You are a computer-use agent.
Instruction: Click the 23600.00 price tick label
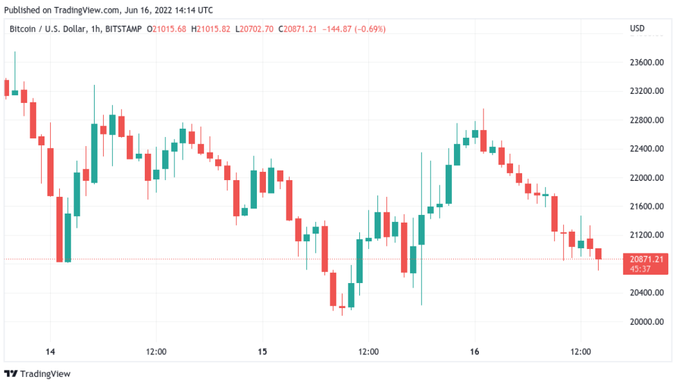coord(646,62)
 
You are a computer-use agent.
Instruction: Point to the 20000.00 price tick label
coord(646,322)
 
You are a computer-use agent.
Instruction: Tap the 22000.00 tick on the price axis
coord(646,178)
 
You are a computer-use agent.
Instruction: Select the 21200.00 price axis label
coord(646,235)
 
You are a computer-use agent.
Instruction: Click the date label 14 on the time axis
coord(50,351)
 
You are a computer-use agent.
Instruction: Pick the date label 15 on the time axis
coord(262,351)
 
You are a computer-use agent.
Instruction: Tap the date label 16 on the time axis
coord(474,351)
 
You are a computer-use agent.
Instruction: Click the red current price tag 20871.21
coord(646,259)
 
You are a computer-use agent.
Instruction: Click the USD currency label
coord(637,29)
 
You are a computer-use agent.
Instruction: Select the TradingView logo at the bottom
coord(38,374)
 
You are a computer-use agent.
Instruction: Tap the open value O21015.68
coord(166,29)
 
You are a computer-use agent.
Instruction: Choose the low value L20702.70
coord(254,29)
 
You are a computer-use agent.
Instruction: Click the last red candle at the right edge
coord(599,253)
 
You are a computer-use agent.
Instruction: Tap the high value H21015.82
coord(211,29)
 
